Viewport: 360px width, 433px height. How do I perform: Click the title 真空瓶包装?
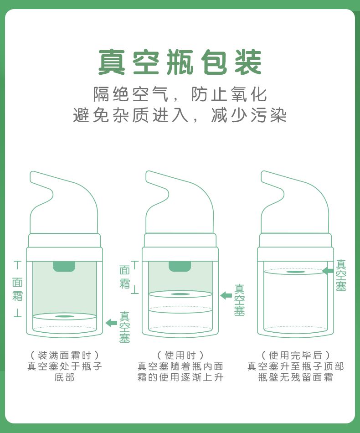180,62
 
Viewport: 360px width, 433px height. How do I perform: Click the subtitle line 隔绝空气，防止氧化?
180,94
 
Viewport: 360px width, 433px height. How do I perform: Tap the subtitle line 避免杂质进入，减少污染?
180,115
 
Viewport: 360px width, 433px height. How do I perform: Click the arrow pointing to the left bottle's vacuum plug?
111,323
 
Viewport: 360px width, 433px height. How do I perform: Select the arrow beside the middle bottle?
226,295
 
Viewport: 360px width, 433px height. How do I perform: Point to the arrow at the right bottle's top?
328,271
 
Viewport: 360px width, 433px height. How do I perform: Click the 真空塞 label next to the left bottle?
124,327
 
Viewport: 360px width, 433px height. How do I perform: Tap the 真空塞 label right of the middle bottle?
239,300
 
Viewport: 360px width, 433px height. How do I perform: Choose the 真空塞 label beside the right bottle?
341,275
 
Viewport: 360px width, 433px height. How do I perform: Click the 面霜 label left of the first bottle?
17,289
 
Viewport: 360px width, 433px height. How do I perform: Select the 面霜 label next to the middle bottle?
124,277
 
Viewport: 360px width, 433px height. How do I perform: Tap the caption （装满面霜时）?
64,355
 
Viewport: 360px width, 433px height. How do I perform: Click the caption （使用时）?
180,355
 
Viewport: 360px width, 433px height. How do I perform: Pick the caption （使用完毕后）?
296,355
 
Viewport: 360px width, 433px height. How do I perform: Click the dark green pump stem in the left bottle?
64,266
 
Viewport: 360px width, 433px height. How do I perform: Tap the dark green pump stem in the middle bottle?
180,266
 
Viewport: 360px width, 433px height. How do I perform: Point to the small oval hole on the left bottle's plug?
65,316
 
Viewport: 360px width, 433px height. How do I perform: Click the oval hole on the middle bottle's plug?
180,294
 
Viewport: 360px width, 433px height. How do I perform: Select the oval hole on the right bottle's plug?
296,272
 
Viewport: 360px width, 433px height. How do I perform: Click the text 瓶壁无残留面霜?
296,377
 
